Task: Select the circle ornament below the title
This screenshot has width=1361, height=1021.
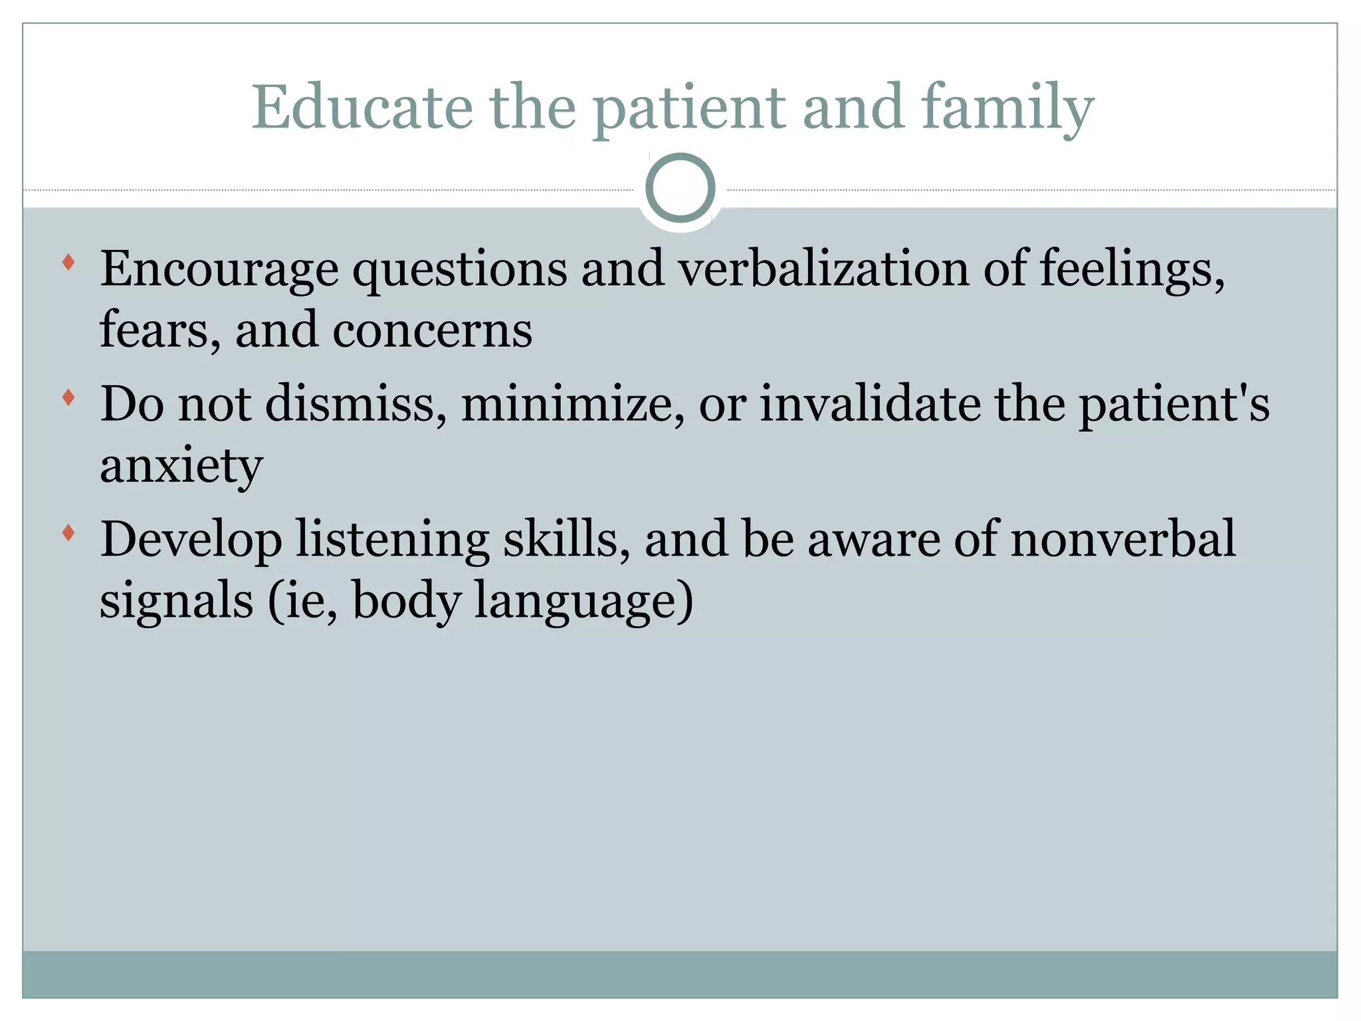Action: (680, 188)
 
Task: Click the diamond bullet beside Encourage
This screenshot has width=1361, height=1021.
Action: (68, 262)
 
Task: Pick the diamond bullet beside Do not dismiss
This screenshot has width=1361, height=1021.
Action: (68, 397)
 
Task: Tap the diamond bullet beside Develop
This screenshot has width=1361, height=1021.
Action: (68, 532)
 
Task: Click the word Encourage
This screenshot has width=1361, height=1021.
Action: (219, 270)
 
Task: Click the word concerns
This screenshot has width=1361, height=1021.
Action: (432, 330)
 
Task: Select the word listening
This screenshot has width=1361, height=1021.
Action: (392, 540)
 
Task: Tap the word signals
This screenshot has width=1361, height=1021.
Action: (176, 600)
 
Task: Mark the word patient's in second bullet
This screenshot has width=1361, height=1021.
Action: (1174, 405)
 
